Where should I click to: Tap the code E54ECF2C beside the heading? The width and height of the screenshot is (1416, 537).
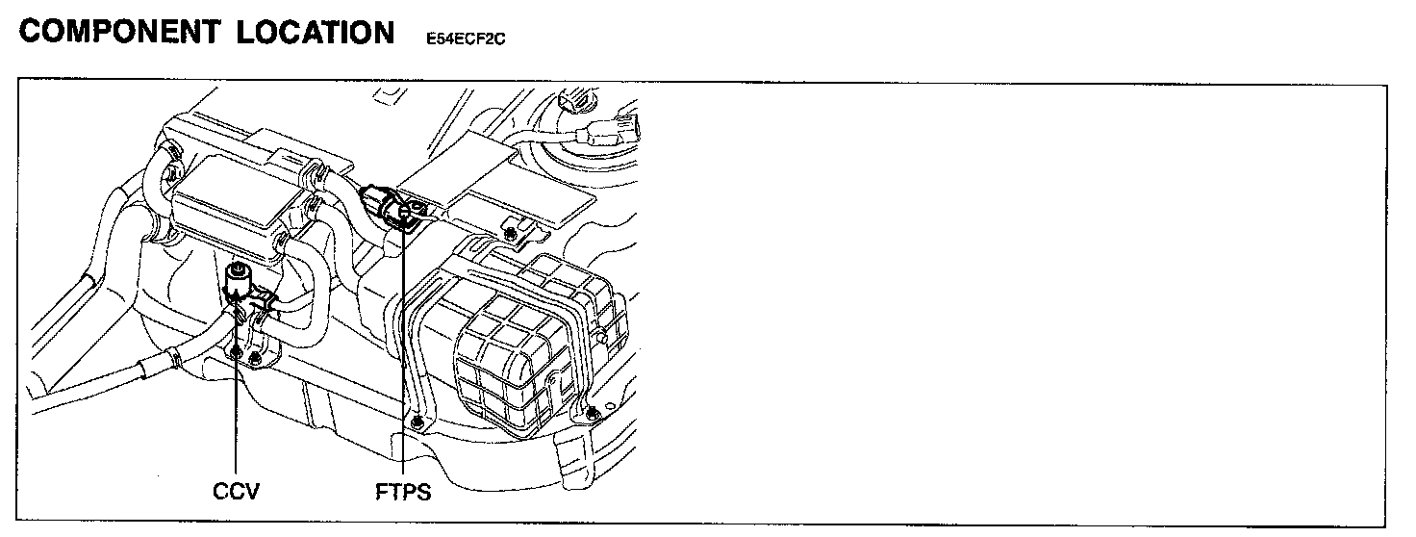pyautogui.click(x=465, y=39)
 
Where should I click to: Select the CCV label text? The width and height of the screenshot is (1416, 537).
pyautogui.click(x=236, y=492)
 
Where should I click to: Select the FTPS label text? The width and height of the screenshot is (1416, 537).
pyautogui.click(x=403, y=492)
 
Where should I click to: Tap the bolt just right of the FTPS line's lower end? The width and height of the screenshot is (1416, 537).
pyautogui.click(x=416, y=423)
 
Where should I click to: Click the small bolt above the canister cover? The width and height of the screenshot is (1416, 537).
pyautogui.click(x=510, y=232)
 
